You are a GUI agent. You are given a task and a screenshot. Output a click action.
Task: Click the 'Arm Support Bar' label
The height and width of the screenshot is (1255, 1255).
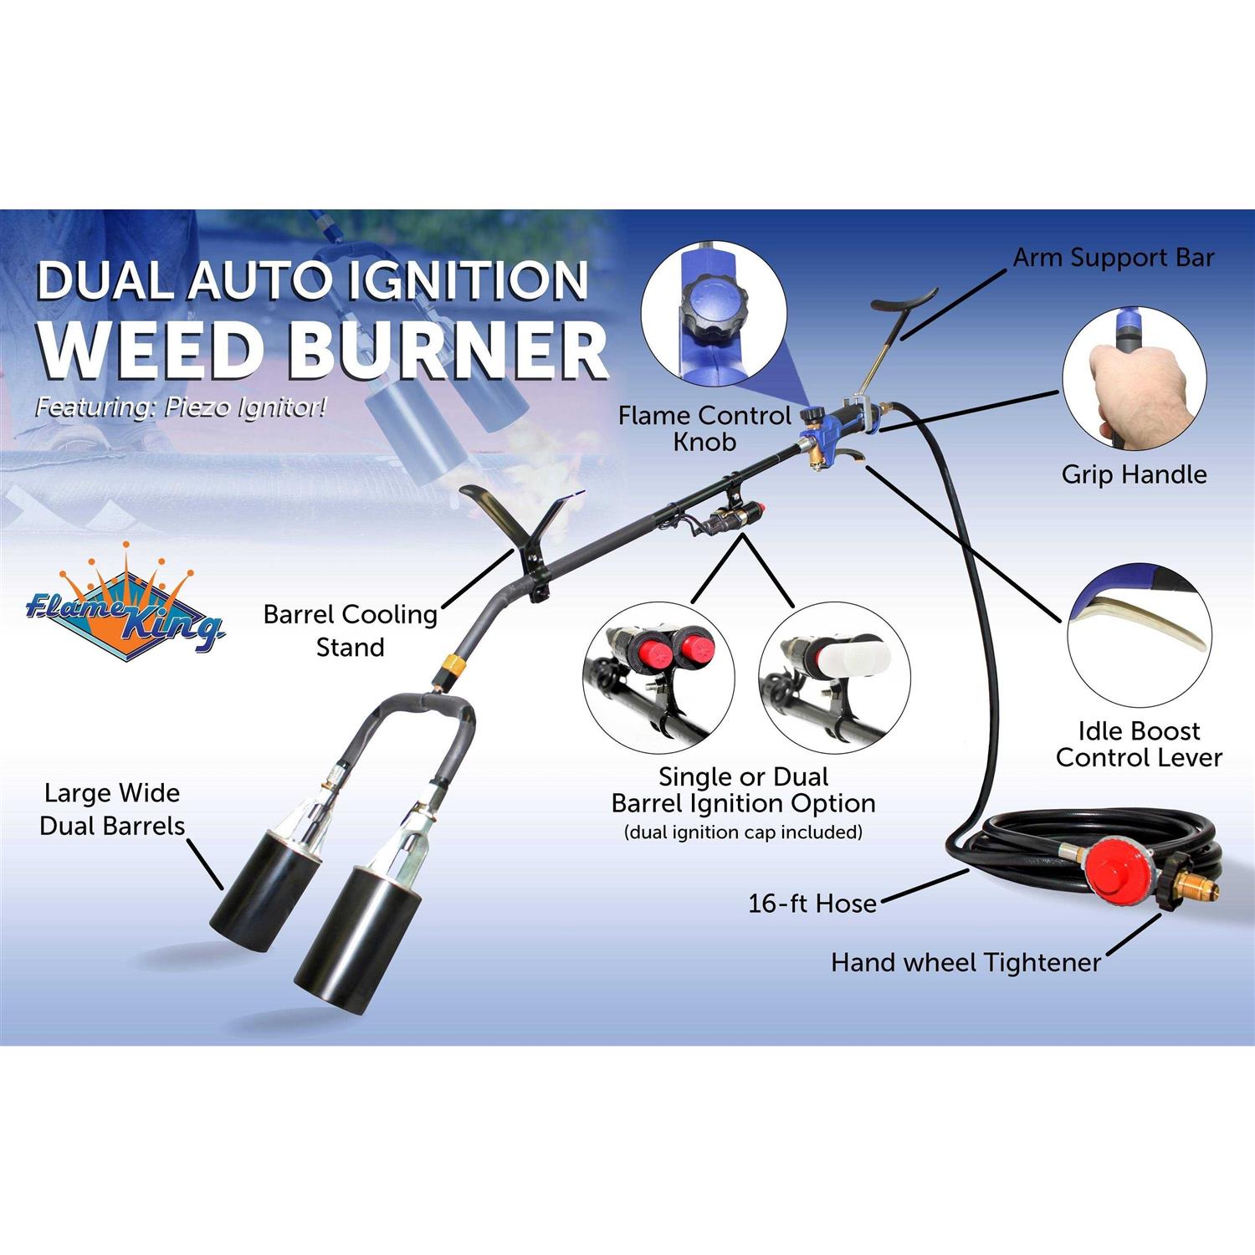(1113, 258)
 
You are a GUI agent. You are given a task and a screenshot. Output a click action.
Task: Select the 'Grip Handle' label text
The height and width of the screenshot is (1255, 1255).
(1134, 474)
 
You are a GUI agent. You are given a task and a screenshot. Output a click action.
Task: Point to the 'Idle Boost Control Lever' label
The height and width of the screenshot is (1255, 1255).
(1138, 744)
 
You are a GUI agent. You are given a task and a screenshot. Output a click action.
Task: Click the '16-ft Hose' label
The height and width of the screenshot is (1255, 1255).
(812, 904)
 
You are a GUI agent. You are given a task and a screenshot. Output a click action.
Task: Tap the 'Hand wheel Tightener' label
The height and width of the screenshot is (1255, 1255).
(966, 962)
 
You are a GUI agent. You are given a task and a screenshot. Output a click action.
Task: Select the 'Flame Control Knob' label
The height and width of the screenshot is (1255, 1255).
(704, 428)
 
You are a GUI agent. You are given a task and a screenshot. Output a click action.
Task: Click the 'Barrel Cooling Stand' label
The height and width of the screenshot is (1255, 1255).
(350, 630)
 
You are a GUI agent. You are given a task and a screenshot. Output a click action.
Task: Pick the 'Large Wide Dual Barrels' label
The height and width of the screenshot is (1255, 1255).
(112, 809)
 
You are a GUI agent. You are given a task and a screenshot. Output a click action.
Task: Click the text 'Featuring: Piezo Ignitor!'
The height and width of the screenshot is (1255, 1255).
(180, 407)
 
